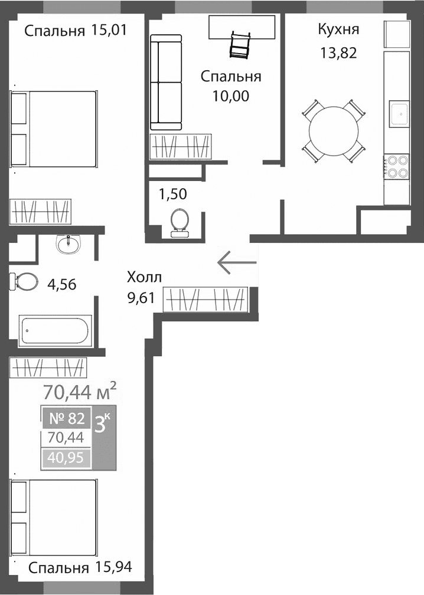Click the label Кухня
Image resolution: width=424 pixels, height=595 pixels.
(338, 29)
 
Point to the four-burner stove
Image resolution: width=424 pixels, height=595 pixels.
(397, 166)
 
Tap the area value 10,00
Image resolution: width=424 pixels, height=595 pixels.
(231, 96)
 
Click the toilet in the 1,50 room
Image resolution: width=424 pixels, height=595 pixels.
(178, 222)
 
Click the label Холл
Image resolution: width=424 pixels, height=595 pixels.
(143, 278)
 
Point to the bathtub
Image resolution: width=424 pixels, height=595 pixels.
(56, 332)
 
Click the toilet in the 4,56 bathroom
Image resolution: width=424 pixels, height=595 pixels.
(24, 281)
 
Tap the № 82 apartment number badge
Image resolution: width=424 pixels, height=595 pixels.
(67, 419)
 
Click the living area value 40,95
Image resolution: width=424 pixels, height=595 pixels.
(66, 457)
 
